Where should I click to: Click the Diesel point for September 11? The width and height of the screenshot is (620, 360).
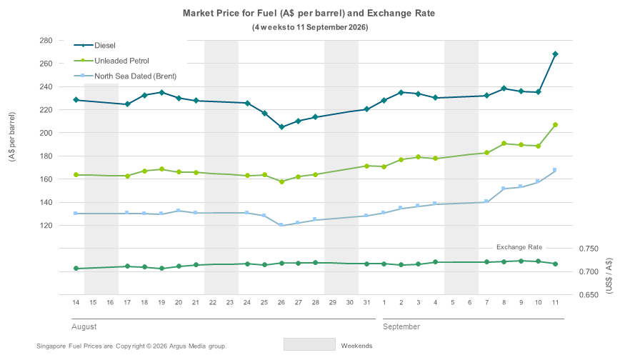[555, 54]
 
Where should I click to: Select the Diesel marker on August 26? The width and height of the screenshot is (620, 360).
[281, 127]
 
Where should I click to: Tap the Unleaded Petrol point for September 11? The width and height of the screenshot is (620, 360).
[555, 124]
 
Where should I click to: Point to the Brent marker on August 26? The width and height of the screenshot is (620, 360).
[281, 225]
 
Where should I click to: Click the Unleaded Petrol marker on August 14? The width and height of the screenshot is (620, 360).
[76, 175]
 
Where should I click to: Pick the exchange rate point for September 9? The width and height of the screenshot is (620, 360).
[521, 261]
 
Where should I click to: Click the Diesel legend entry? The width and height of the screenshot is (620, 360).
[94, 46]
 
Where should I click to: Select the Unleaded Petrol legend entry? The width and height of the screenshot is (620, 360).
[111, 61]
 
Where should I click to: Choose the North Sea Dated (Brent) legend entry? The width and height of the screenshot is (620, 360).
[125, 76]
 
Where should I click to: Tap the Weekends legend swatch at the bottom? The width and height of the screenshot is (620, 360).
[309, 344]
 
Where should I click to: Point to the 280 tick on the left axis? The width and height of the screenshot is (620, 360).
[46, 40]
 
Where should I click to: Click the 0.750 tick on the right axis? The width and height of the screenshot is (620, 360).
[589, 249]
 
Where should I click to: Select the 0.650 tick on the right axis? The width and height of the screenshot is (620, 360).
[589, 295]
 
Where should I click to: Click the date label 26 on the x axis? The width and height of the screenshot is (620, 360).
[281, 303]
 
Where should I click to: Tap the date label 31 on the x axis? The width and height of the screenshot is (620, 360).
[366, 303]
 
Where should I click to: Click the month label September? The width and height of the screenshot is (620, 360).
[401, 326]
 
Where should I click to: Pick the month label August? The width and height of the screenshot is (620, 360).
[84, 326]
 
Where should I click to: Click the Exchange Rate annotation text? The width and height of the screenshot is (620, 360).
[519, 247]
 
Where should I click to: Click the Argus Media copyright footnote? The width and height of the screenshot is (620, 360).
[131, 346]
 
